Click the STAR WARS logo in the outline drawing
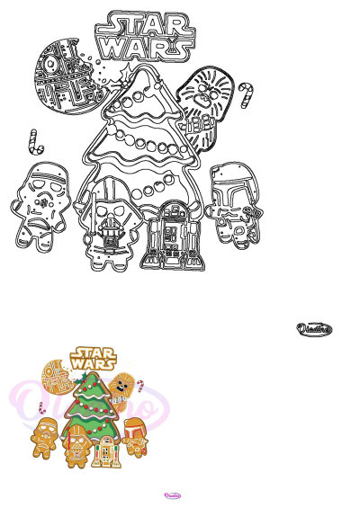[149, 34]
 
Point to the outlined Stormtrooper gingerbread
[40, 202]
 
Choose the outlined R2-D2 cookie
[169, 236]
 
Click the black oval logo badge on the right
[315, 329]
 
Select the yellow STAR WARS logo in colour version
[94, 357]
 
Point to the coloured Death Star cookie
[57, 379]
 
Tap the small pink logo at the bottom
[173, 495]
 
